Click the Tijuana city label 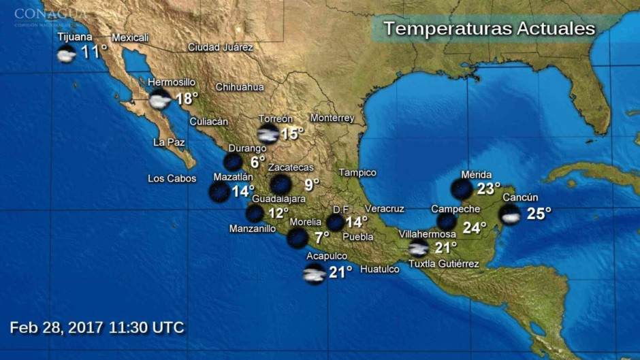tap(75, 37)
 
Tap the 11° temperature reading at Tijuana tap(94, 52)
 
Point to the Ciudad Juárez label tap(221, 48)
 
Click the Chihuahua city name tap(240, 87)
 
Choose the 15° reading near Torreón tap(292, 133)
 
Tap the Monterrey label tap(332, 118)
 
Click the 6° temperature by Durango tap(257, 162)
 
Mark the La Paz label tap(169, 142)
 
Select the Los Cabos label tap(172, 179)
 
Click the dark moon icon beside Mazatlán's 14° tap(219, 192)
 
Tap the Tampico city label tap(357, 173)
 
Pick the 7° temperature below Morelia tap(321, 238)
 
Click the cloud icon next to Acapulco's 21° tap(315, 274)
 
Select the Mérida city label tap(476, 174)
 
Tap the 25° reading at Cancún tap(539, 214)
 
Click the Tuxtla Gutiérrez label tap(444, 264)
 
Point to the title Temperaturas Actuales tap(489, 29)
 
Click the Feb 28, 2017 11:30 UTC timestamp tap(97, 327)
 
